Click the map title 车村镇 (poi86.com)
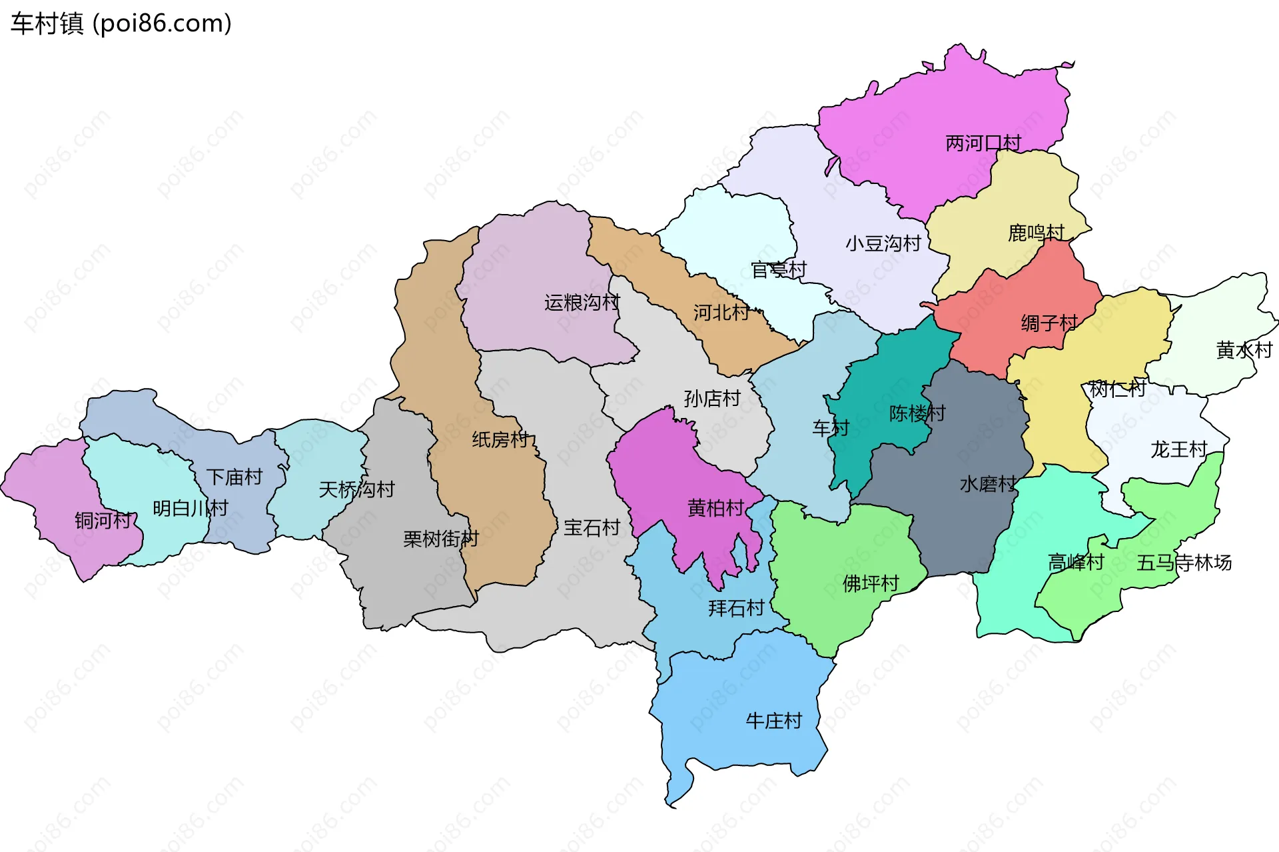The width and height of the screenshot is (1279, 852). (x=121, y=23)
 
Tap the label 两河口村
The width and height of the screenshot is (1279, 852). (x=983, y=143)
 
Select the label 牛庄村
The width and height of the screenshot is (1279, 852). (x=773, y=721)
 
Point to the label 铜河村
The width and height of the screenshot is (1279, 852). (x=103, y=520)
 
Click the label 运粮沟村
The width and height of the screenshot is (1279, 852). (x=582, y=303)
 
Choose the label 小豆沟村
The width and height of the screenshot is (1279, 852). (x=883, y=243)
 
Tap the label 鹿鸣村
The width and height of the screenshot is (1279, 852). (x=1036, y=233)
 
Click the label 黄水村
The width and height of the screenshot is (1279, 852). (x=1244, y=349)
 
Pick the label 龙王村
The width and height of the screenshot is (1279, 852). (x=1178, y=449)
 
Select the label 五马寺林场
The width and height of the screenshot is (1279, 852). (x=1184, y=563)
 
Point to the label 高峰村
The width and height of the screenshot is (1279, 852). (x=1076, y=562)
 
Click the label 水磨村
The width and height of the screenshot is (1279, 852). (x=988, y=484)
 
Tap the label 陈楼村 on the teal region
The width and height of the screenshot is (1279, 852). (x=917, y=413)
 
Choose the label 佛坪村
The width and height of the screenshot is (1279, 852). (x=870, y=583)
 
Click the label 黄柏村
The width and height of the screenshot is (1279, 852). (x=715, y=508)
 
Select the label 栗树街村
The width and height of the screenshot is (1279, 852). (x=440, y=539)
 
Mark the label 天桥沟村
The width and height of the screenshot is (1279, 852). (x=356, y=489)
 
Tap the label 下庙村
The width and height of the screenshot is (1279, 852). (x=234, y=477)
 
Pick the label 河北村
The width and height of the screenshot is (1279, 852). (x=721, y=312)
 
